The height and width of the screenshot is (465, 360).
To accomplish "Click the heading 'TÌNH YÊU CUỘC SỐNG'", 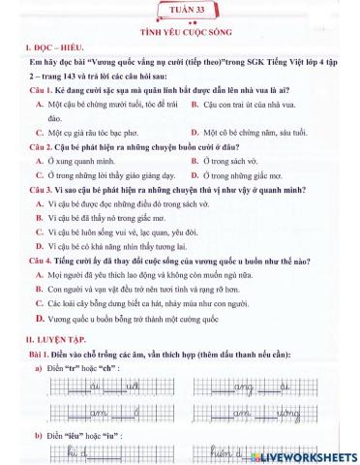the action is coord(180,32).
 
